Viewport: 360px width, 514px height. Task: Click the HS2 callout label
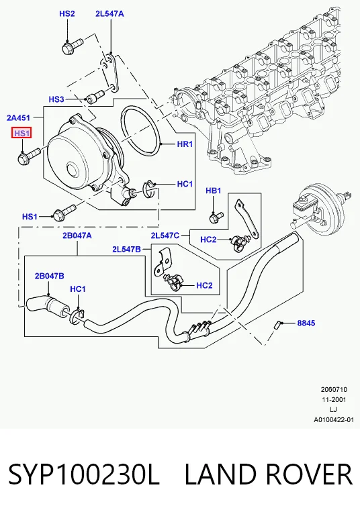click(67, 13)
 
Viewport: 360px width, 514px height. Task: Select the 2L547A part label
click(109, 13)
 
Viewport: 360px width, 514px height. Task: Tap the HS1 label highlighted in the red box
click(21, 133)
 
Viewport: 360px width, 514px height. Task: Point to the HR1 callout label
click(185, 144)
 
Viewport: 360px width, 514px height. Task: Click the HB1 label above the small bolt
click(214, 191)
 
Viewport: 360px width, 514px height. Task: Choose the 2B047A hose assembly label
click(77, 236)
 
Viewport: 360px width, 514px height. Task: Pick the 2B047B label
click(50, 276)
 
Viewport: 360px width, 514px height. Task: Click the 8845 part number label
click(306, 323)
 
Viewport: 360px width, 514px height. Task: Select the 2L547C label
click(165, 236)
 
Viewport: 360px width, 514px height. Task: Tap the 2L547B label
click(126, 250)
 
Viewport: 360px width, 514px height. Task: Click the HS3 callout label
click(56, 99)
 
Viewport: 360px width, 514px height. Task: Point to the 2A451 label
click(18, 117)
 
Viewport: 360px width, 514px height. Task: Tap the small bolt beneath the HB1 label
click(216, 217)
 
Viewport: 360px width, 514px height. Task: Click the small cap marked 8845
click(276, 325)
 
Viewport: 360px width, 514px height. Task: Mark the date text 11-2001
click(333, 400)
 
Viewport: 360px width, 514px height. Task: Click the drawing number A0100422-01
click(334, 419)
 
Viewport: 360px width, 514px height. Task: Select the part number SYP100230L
click(83, 474)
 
